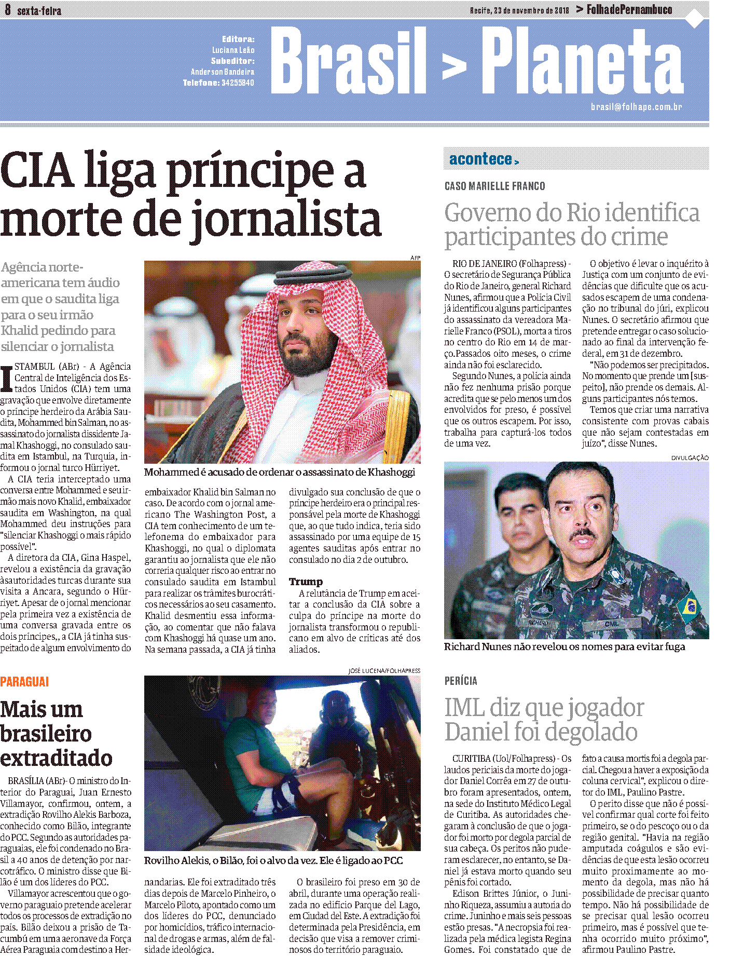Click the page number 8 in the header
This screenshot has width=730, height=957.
tap(8, 9)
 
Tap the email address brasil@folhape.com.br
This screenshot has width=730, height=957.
tap(636, 107)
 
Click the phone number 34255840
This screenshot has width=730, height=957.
tap(238, 83)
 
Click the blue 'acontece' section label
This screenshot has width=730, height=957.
tap(481, 159)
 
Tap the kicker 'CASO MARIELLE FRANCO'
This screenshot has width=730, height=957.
tap(494, 186)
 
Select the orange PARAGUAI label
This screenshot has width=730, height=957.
tap(24, 682)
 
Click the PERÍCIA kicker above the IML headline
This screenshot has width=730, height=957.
tap(461, 681)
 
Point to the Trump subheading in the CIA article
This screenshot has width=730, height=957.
tap(306, 582)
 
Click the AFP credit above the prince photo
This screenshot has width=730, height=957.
tap(415, 258)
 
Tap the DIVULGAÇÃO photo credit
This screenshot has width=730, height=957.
tap(690, 458)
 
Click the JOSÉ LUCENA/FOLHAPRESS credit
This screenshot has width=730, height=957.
tap(384, 671)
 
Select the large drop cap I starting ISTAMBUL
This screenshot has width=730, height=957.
tap(7, 379)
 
